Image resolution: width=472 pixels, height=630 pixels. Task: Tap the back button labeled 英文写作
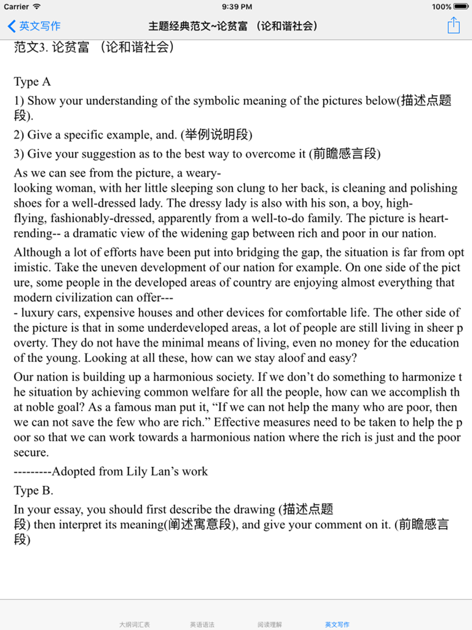pos(34,26)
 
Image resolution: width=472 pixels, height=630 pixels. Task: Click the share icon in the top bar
pos(454,26)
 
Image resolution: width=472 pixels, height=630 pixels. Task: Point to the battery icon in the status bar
pos(461,7)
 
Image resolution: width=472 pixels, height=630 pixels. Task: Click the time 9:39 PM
pos(236,7)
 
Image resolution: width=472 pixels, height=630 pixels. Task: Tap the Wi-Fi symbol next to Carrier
pos(37,7)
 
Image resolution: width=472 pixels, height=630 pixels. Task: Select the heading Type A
pos(32,82)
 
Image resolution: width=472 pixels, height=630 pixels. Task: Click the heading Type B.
pos(33,490)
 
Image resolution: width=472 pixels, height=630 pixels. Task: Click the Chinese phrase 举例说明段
pos(216,135)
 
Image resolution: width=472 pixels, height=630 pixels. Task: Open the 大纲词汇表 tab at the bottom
pos(135,624)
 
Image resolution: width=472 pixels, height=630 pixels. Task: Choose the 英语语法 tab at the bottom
pos(202,624)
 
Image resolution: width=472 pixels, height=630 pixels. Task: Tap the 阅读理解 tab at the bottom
pos(270,624)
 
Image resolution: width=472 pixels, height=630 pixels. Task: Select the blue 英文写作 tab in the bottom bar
pos(337,624)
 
